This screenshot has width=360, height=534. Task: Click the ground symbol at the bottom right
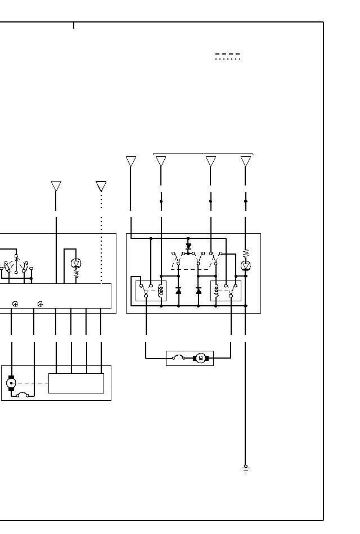click(x=245, y=468)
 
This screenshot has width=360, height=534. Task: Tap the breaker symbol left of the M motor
click(x=179, y=357)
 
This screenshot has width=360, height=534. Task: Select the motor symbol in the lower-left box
click(x=11, y=383)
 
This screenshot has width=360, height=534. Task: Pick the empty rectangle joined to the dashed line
click(x=76, y=383)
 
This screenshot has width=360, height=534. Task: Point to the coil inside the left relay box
click(x=161, y=291)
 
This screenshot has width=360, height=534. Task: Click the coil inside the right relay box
click(x=217, y=291)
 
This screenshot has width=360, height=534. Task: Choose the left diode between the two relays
click(x=178, y=291)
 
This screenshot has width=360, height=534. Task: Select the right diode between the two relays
click(x=199, y=291)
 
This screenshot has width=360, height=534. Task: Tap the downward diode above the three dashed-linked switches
click(x=188, y=246)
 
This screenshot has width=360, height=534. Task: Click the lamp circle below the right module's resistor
click(x=246, y=266)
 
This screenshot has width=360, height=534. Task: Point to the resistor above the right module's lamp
click(x=246, y=254)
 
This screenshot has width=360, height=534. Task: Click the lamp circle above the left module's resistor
click(x=76, y=263)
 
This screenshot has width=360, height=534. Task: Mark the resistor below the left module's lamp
click(x=76, y=275)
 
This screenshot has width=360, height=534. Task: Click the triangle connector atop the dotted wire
click(x=101, y=186)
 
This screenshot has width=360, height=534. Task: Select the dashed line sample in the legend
click(x=227, y=54)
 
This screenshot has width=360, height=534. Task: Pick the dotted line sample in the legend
click(x=227, y=59)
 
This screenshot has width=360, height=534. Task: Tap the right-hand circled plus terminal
click(x=40, y=304)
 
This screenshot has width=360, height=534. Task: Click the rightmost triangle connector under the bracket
click(x=246, y=161)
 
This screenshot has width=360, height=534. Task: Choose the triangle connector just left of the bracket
click(x=131, y=161)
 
